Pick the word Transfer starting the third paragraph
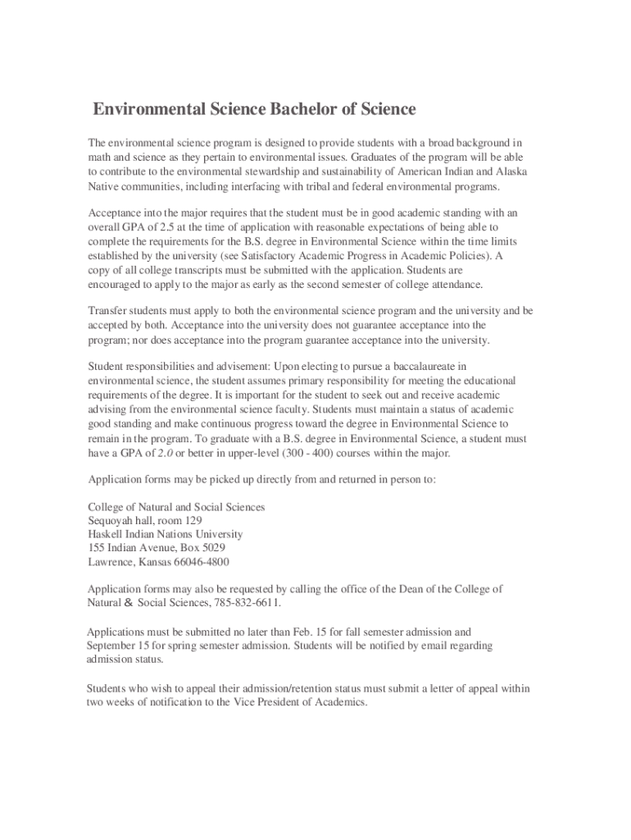[x=107, y=311]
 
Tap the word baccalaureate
[x=424, y=366]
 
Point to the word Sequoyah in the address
[x=113, y=521]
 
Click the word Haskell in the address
[x=107, y=534]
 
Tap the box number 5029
[x=210, y=548]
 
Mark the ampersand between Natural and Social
[x=129, y=603]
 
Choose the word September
[x=114, y=646]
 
